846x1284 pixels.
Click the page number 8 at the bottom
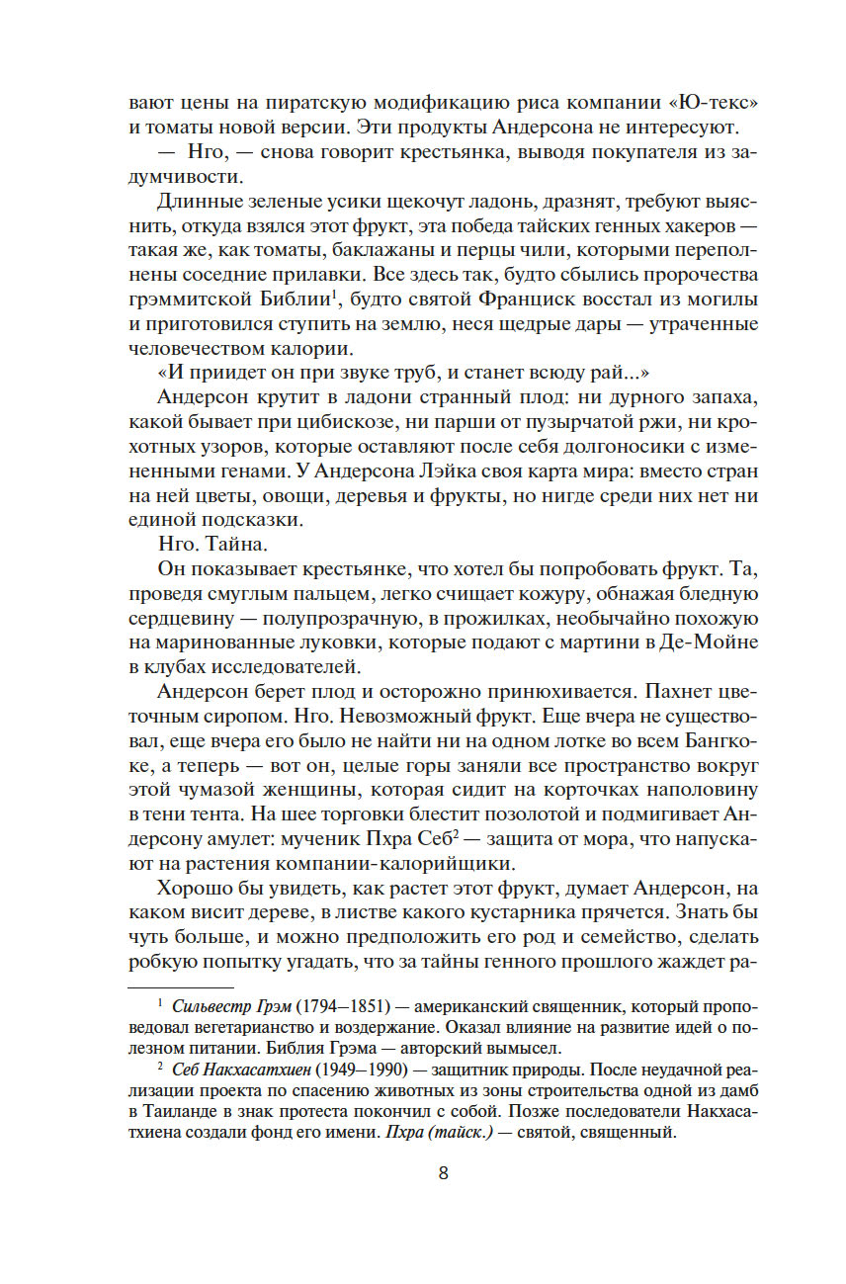click(443, 1174)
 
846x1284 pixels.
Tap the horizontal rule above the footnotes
click(181, 986)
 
